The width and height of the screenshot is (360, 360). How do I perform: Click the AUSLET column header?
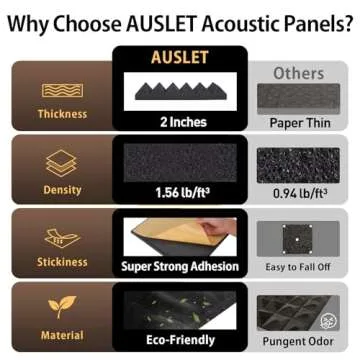point(177,57)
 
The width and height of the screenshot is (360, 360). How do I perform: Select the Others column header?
point(298,73)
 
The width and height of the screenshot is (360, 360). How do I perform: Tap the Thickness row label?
point(62,113)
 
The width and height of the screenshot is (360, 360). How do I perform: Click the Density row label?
point(62,189)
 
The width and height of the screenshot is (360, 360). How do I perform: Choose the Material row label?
point(62,336)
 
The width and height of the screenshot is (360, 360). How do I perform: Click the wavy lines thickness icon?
point(62,90)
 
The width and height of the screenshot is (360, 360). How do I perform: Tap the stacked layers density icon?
point(62,162)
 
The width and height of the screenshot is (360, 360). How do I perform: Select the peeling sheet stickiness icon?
point(62,238)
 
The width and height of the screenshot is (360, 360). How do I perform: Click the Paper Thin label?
point(299,122)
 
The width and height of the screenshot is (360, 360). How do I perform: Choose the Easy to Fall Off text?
point(299,266)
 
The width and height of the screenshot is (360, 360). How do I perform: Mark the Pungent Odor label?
point(299,340)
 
